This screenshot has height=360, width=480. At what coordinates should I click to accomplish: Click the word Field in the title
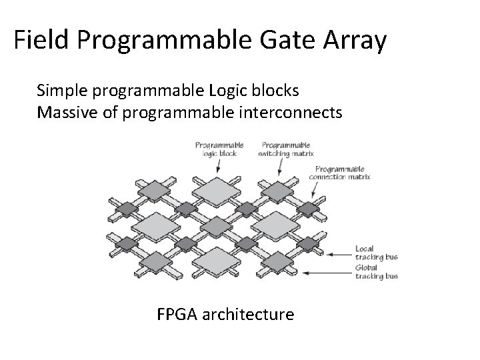coord(42,41)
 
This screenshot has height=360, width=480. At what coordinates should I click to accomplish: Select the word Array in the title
coord(353,41)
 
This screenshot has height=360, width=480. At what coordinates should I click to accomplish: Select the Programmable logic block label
coord(219,148)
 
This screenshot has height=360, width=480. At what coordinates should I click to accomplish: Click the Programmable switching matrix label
coord(286,148)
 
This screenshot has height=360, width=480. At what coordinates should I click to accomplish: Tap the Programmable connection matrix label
coord(341,173)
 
